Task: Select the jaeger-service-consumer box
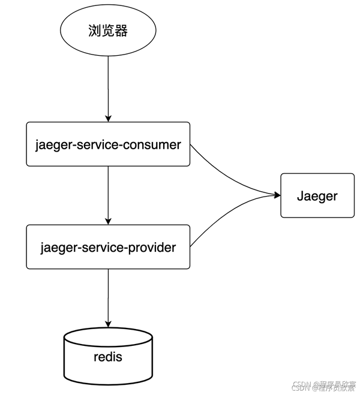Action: tap(108, 144)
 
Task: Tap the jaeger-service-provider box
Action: tap(108, 247)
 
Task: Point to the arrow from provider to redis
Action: tap(109, 297)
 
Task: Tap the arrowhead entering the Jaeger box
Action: tap(277, 195)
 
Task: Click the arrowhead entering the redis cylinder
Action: tap(109, 323)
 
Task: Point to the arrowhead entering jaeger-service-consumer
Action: tap(109, 118)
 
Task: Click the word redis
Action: tap(108, 357)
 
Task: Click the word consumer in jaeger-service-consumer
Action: tap(152, 144)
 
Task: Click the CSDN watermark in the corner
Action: tap(324, 386)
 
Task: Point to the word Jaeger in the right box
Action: tap(317, 195)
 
